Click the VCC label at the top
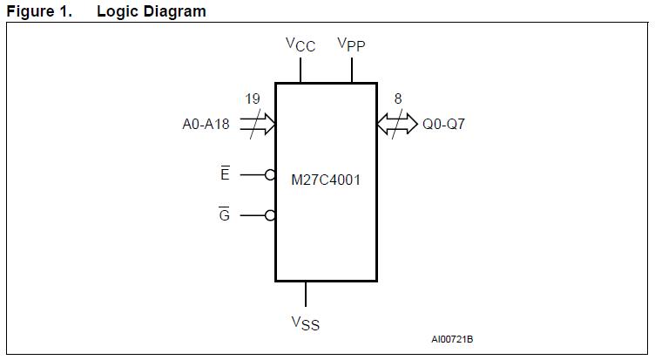[300, 44]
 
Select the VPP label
[352, 44]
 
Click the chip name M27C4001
[326, 180]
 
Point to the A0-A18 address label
[206, 124]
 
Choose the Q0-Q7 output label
[444, 124]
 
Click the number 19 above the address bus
[252, 99]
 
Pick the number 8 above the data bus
[398, 99]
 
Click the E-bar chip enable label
[225, 174]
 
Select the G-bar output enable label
[225, 214]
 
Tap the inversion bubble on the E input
[271, 175]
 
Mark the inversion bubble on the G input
[271, 215]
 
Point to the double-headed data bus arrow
[397, 124]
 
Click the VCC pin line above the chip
[300, 71]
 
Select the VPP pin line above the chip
[352, 71]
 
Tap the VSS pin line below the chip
[305, 294]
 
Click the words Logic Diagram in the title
[152, 11]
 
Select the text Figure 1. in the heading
[39, 11]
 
